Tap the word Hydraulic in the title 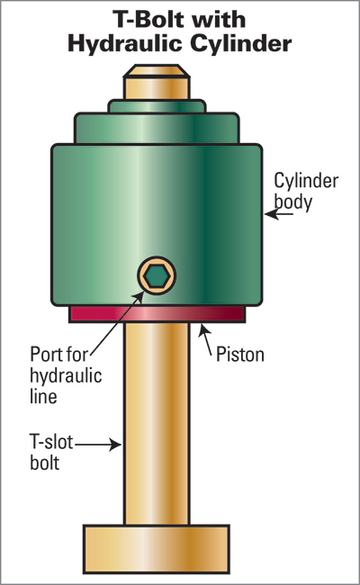coord(124,45)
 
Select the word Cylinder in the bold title coord(241,43)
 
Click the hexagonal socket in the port coord(157,276)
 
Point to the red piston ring coord(157,314)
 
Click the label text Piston coord(240,355)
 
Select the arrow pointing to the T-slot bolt coord(98,445)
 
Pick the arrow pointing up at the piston coord(205,339)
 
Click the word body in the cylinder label coord(293,202)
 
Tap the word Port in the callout coord(44,355)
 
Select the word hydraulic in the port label coord(66,375)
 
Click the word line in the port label coord(43,396)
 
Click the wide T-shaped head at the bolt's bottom coord(157,549)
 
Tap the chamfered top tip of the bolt coord(157,70)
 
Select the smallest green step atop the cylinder coord(157,106)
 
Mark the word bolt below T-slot coord(44,463)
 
